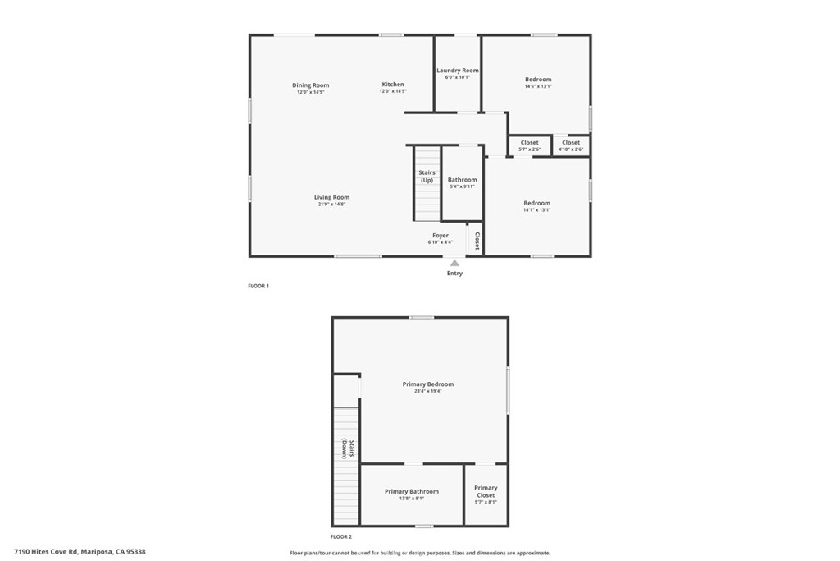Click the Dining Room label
(311, 85)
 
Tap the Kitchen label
(393, 85)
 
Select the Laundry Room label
(458, 71)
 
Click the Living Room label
(331, 197)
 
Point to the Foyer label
(441, 236)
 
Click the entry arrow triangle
(454, 263)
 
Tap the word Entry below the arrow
(454, 274)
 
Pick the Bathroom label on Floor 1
(462, 180)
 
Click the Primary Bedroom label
(427, 384)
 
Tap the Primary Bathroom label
(412, 491)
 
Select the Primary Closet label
(486, 491)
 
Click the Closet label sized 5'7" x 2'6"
(530, 143)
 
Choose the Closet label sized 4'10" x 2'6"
(571, 143)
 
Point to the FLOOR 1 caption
(258, 286)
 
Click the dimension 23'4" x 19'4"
(427, 391)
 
